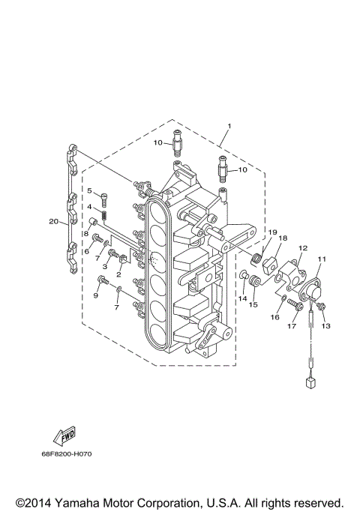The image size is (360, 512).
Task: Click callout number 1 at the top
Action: coord(229,125)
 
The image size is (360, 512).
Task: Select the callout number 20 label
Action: coord(53,221)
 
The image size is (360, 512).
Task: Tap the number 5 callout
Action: coord(88,191)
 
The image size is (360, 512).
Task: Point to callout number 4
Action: coord(88,207)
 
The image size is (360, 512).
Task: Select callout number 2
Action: coord(118,275)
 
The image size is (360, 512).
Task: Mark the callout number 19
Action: coord(273,232)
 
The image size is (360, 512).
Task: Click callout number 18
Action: coord(283,238)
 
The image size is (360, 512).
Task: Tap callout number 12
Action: coord(303,247)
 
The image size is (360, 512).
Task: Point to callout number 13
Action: coord(325,326)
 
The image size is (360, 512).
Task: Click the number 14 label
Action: coord(242,298)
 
